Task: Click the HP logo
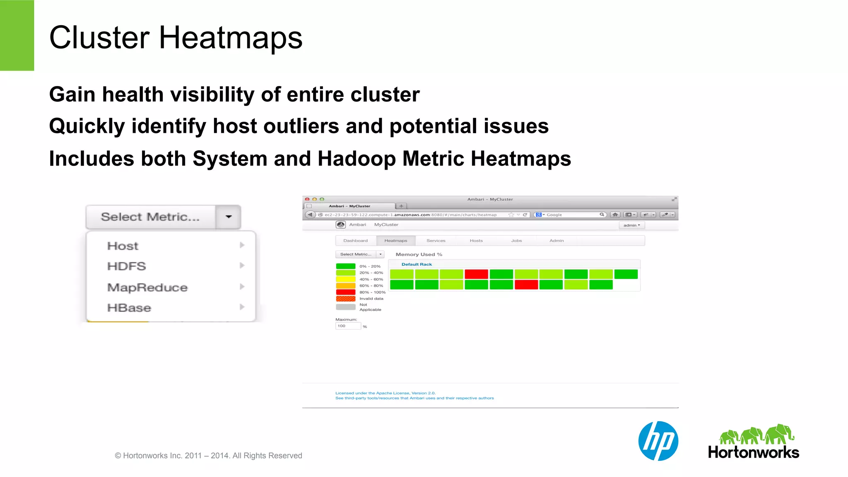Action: click(658, 441)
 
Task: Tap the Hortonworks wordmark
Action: click(753, 452)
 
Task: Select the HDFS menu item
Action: click(127, 266)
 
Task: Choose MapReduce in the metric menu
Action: click(147, 287)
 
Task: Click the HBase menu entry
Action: click(129, 308)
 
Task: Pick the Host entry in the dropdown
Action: click(123, 246)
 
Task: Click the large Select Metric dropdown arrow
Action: click(229, 217)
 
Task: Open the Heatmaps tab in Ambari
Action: click(395, 241)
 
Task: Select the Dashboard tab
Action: click(355, 241)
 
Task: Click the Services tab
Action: click(436, 241)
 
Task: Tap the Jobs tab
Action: click(516, 241)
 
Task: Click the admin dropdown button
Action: click(631, 225)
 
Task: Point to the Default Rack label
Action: click(417, 264)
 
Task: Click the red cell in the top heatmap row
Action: click(476, 274)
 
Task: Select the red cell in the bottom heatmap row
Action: click(526, 285)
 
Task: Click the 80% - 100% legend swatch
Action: click(345, 292)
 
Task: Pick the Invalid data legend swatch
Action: click(345, 299)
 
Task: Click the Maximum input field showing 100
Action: click(347, 326)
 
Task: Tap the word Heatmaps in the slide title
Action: click(231, 38)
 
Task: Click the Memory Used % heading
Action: click(419, 254)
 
